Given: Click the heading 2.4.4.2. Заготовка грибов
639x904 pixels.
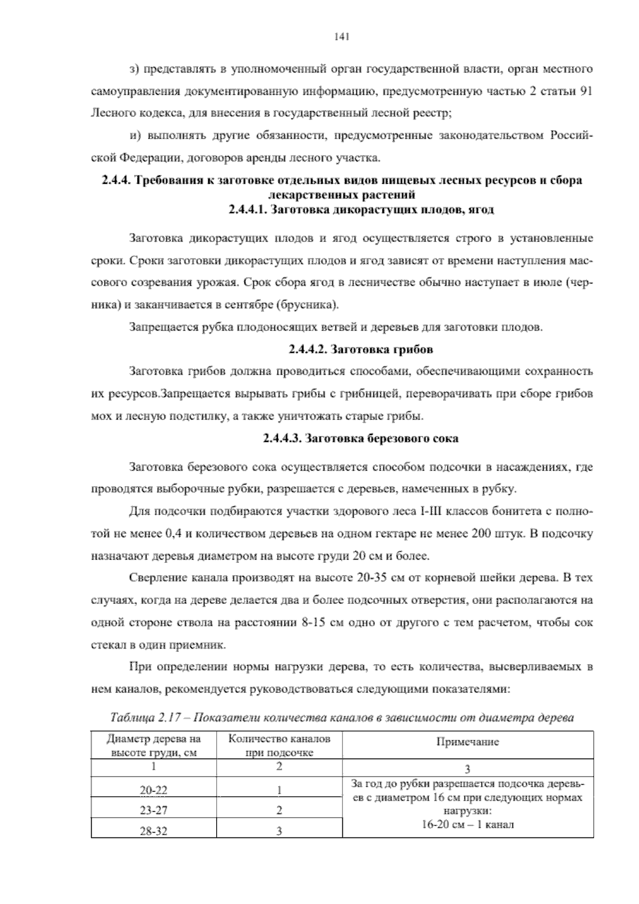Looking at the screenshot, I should (361, 350).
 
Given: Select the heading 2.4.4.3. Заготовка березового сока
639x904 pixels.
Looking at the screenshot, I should (361, 439).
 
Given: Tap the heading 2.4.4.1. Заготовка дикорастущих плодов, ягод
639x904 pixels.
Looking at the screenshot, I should (361, 209).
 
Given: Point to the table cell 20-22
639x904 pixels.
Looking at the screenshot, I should (153, 790).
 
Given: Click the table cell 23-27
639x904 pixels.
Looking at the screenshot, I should (153, 810).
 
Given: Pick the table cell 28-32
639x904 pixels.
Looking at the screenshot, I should (153, 830).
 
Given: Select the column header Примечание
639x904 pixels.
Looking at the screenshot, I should (468, 741).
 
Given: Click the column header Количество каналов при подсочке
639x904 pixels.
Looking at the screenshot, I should (279, 746).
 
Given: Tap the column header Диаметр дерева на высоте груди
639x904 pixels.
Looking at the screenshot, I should (154, 746).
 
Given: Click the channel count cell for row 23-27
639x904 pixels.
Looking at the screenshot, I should (279, 810).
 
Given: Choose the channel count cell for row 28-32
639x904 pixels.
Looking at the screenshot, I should (279, 830).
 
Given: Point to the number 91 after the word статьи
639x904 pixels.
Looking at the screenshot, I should (585, 91).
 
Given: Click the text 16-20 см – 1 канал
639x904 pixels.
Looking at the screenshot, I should (468, 825).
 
